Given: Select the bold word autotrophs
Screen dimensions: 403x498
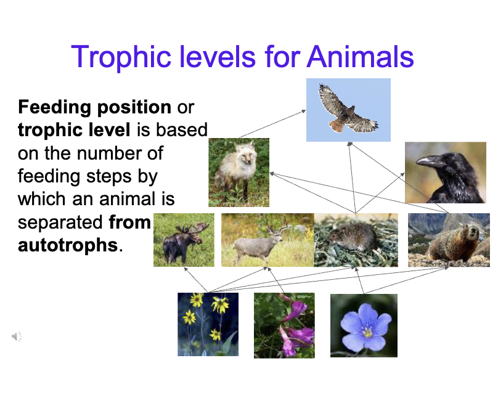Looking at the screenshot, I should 67,245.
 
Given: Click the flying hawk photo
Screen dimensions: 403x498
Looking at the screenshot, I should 348,110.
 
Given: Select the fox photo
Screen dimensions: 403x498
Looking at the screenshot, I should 239,172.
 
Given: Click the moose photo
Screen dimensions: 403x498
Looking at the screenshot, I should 184,240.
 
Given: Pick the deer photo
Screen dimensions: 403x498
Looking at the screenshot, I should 267,240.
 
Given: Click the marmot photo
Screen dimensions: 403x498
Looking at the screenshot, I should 449,240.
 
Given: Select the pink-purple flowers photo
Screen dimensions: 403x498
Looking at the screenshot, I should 284,325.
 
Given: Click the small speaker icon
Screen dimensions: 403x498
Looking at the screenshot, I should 17,336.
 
